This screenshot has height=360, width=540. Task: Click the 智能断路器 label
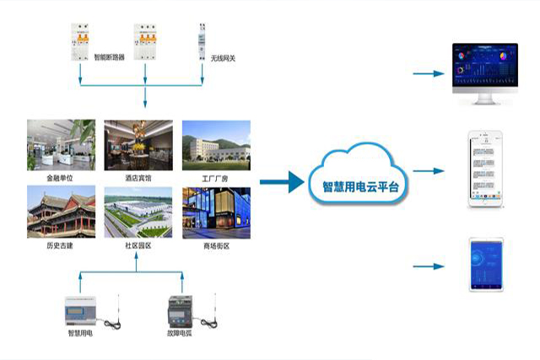[x=109, y=58]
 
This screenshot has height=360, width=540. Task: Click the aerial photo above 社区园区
[x=138, y=212]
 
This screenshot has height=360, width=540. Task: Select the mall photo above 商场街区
[x=216, y=212]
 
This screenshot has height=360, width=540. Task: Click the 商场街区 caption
[x=216, y=246]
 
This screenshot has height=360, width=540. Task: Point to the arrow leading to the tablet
[x=429, y=266]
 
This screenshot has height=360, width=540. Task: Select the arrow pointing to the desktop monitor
[x=429, y=73]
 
